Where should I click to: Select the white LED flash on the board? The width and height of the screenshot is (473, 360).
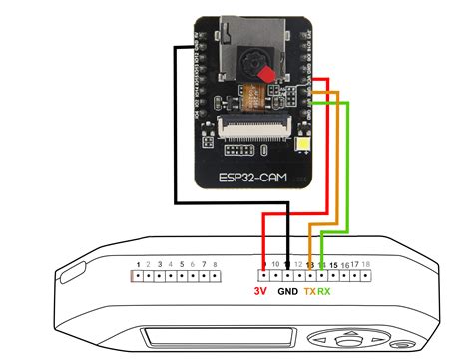(305, 150)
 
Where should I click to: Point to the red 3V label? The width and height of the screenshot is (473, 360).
(260, 292)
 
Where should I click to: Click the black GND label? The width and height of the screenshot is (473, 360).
(287, 292)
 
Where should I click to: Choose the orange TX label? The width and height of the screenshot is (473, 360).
(310, 292)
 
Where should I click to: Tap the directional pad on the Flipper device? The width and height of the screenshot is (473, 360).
(355, 344)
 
